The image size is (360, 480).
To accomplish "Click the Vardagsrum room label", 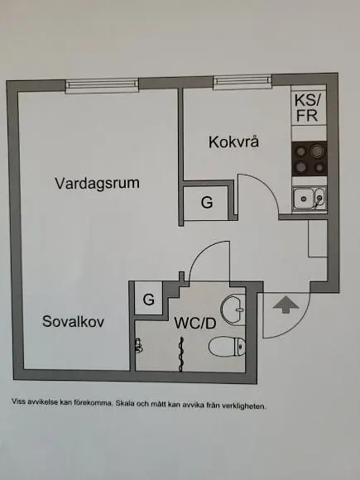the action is [98, 184].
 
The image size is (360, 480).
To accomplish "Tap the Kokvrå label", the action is [234, 142].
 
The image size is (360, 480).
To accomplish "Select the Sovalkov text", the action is [73, 321].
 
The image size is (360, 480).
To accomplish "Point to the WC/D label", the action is [195, 324].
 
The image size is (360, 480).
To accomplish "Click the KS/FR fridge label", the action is [307, 108].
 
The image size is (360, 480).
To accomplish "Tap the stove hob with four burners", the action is [310, 159].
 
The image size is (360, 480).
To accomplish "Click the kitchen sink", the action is [310, 199].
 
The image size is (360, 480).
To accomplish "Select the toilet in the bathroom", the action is [227, 346].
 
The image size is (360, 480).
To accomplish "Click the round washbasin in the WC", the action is [233, 310].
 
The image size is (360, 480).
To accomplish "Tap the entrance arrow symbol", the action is [286, 305].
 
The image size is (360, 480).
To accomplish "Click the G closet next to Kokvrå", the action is [207, 203].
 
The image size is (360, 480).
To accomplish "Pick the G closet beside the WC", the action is [149, 299].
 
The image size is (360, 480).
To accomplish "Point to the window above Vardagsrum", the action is [102, 86].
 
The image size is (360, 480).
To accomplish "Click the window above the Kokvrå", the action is [242, 83].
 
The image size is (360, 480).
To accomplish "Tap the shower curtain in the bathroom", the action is [181, 354].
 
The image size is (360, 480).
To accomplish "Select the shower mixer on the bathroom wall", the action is [139, 345].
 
